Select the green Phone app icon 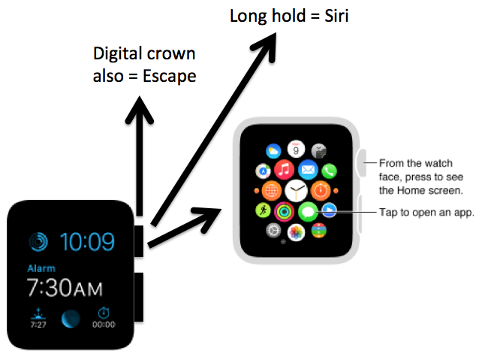pos(328,172)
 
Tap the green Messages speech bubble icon pos(307,210)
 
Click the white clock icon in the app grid pos(295,189)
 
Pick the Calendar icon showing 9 pos(295,149)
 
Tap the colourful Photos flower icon pos(295,230)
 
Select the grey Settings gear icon pos(273,230)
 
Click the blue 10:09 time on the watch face pos(87,242)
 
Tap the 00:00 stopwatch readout pos(103,325)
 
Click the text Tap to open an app pos(426,213)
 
